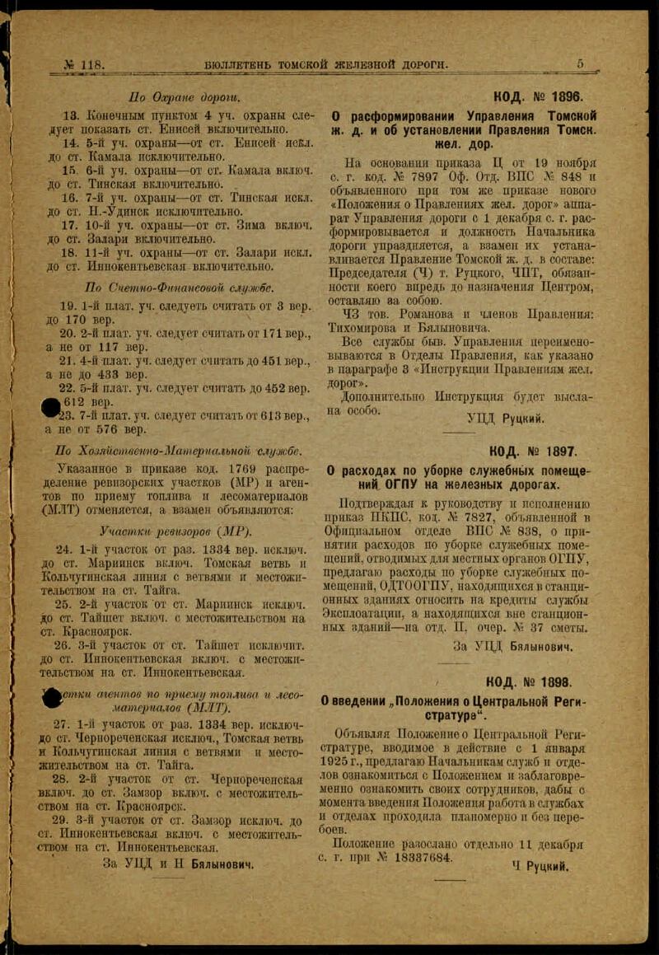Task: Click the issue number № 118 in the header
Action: (x=83, y=65)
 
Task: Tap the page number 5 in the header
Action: (x=580, y=63)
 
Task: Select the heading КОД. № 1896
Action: (x=537, y=96)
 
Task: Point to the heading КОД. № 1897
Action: (x=534, y=452)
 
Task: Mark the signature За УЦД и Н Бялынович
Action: (x=178, y=864)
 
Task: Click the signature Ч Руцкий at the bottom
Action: (x=540, y=867)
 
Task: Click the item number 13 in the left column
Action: (x=70, y=116)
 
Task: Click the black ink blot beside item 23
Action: (x=51, y=407)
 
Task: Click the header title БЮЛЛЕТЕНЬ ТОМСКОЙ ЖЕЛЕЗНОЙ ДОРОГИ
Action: (x=326, y=64)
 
